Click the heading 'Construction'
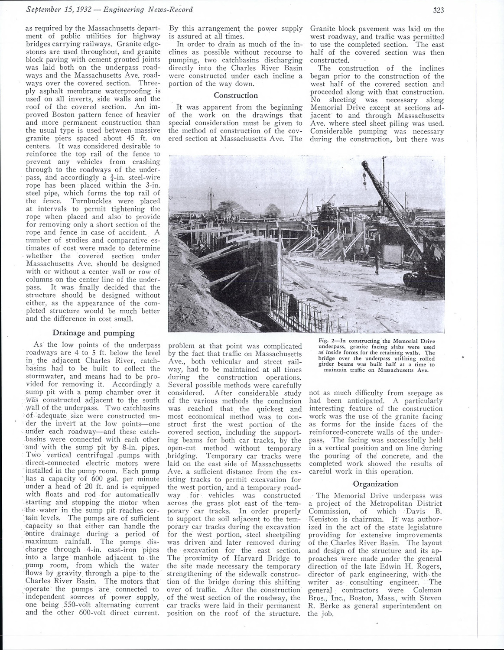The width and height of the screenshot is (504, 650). point(236,95)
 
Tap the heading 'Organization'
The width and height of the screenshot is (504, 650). point(375,484)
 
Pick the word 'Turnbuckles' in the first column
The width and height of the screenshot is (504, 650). point(83,201)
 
